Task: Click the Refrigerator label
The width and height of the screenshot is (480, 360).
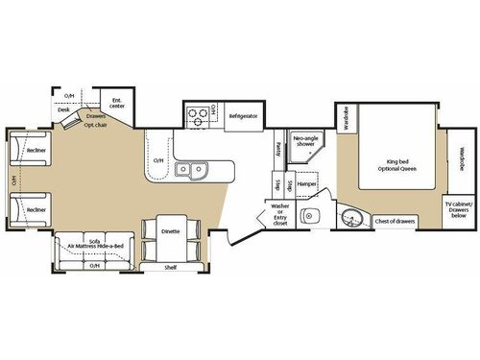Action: tap(242, 116)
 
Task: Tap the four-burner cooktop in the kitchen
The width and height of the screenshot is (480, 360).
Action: tap(197, 116)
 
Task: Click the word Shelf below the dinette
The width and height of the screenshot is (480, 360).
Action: tap(170, 267)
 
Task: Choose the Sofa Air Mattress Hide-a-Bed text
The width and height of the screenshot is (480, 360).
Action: tap(93, 247)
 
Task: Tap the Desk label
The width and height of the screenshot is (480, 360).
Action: tap(62, 109)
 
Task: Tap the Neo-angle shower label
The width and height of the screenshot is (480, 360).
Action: tap(306, 141)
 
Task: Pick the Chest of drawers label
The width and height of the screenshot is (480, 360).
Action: tap(393, 221)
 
